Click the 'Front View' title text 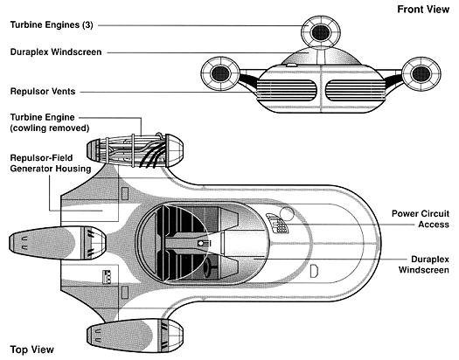pos(423,10)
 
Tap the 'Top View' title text pos(31,350)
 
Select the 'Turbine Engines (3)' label pos(52,24)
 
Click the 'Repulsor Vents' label pos(43,91)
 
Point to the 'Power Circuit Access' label pos(421,219)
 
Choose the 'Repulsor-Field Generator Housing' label pos(51,163)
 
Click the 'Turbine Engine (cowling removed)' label pos(50,122)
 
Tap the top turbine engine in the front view pos(321,31)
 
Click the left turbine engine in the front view pos(220,73)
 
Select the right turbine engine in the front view pos(421,73)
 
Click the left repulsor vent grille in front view pos(287,90)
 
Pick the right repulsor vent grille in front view pos(356,90)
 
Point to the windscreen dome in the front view pos(321,56)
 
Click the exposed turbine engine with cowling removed pos(135,151)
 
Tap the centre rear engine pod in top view pos(58,243)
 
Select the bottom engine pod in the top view pos(135,336)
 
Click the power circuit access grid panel pos(277,223)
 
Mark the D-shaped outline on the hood pos(314,271)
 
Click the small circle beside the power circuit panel pos(287,214)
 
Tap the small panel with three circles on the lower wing pos(107,277)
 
